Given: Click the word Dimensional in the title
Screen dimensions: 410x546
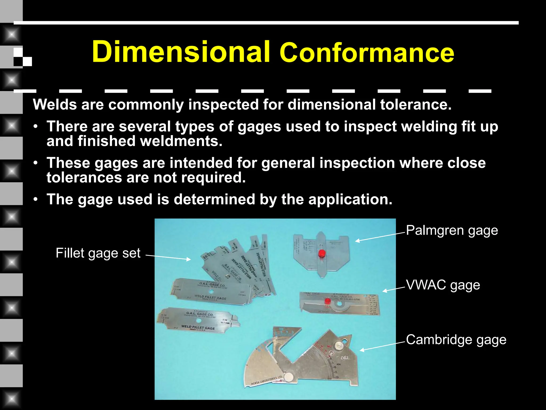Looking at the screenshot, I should pyautogui.click(x=181, y=52).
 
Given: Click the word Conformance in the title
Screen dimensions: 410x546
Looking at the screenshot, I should pyautogui.click(x=367, y=53).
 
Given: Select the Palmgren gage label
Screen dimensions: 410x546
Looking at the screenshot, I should pyautogui.click(x=452, y=230).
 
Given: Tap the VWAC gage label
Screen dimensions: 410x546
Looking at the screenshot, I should pyautogui.click(x=443, y=285).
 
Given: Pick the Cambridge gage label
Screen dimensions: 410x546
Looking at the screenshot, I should pyautogui.click(x=456, y=340).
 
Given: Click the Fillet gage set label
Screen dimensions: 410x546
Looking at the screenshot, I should pyautogui.click(x=98, y=253).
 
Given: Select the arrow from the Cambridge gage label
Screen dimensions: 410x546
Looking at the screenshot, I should pyautogui.click(x=383, y=346).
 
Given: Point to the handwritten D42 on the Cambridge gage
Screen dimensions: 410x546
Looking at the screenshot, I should pyautogui.click(x=344, y=358).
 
